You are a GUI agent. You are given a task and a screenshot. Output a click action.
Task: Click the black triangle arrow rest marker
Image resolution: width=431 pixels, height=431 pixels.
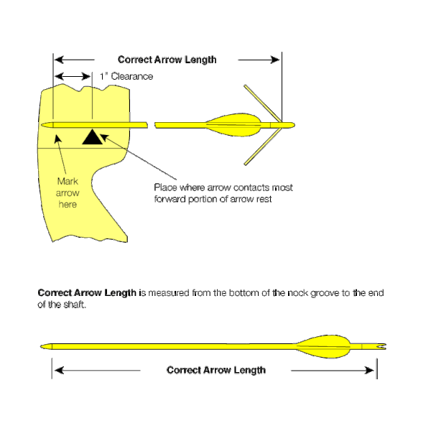pyautogui.click(x=91, y=136)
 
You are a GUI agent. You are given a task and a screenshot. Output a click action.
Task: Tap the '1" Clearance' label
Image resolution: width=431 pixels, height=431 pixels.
pyautogui.click(x=126, y=76)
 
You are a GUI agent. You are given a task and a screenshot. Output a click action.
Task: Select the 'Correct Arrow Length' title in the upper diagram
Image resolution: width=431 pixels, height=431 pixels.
pyautogui.click(x=167, y=60)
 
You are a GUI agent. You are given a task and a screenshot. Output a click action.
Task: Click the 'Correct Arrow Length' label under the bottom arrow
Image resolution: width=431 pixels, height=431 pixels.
pyautogui.click(x=215, y=370)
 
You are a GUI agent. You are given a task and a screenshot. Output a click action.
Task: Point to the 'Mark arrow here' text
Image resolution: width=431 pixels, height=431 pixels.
pyautogui.click(x=68, y=193)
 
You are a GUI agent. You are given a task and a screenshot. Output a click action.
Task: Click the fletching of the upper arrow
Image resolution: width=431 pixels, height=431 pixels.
pyautogui.click(x=231, y=125)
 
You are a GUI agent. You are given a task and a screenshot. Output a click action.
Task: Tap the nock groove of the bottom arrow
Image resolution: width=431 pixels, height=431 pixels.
pyautogui.click(x=382, y=347)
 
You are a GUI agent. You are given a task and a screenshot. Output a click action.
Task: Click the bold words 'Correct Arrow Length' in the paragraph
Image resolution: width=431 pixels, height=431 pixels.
pyautogui.click(x=85, y=293)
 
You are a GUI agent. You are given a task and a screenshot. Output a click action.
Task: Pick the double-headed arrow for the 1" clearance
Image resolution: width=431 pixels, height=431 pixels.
pyautogui.click(x=73, y=76)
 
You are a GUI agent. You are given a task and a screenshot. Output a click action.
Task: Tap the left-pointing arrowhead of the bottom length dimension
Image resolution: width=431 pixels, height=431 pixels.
pyautogui.click(x=58, y=371)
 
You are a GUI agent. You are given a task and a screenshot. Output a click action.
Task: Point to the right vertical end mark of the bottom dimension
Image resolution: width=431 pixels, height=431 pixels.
pyautogui.click(x=376, y=368)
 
